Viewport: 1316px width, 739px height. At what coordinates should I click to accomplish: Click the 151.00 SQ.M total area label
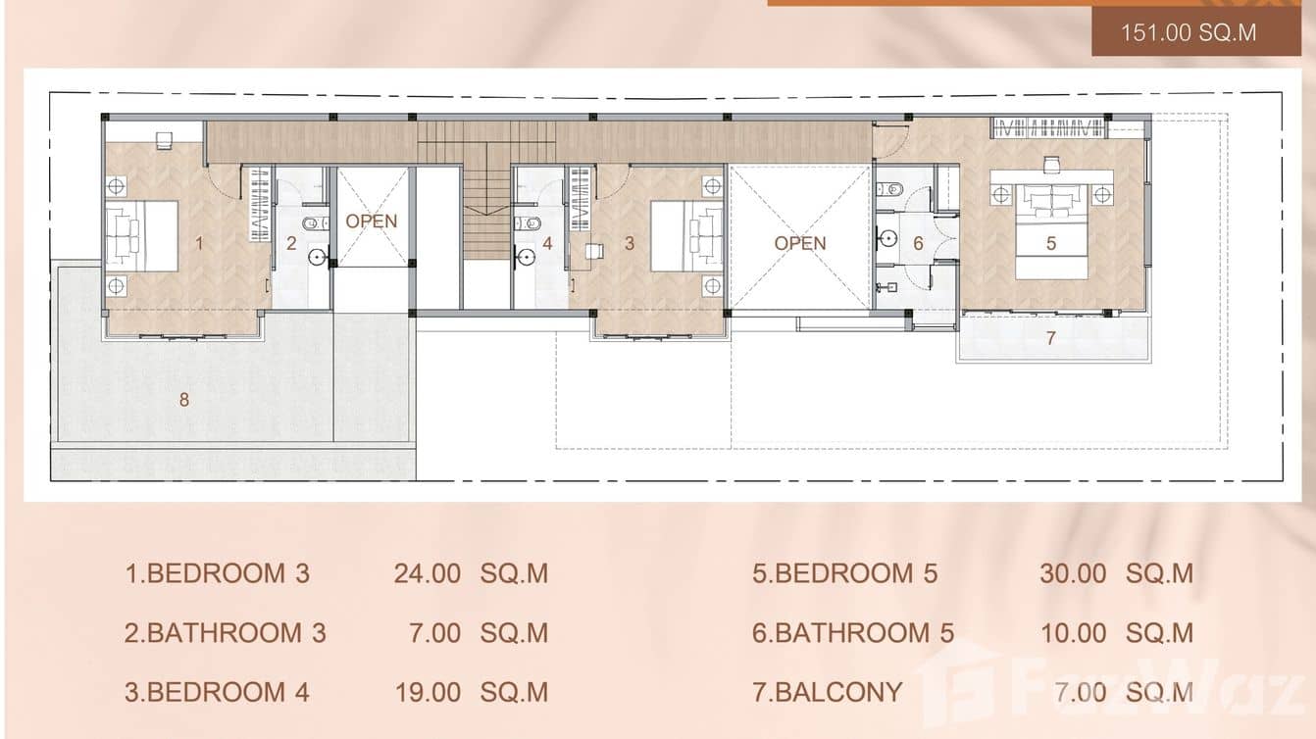tap(1189, 31)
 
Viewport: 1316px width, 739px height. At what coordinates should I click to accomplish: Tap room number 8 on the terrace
tap(183, 399)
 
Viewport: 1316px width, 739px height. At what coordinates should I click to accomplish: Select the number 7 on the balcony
tap(1050, 338)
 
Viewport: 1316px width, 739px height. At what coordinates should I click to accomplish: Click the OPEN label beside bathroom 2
tap(372, 222)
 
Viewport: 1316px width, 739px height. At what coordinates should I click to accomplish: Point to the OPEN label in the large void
tap(800, 243)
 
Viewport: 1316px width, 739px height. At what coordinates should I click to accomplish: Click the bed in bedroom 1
tap(141, 236)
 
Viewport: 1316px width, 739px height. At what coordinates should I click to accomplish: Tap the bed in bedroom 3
tap(687, 236)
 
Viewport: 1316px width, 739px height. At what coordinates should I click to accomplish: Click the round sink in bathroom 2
tap(317, 258)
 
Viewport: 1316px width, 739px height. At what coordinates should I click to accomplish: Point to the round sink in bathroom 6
tap(888, 237)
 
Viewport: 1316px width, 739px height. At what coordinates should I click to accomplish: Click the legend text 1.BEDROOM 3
tap(217, 573)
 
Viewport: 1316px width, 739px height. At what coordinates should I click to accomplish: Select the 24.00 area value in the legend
tap(427, 573)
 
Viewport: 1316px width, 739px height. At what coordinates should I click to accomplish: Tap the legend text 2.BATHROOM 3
tap(225, 633)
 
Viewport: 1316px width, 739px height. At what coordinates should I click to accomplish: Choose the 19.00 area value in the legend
tap(427, 693)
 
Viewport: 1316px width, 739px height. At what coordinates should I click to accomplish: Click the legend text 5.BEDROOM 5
tap(844, 573)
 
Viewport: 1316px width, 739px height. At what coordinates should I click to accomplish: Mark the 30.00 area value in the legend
tap(1072, 573)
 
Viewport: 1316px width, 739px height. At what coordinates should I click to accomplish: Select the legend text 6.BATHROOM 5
tap(853, 633)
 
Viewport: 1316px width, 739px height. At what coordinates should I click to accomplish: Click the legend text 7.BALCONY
tap(827, 693)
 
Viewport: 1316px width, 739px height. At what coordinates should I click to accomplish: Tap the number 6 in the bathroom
tap(919, 243)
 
